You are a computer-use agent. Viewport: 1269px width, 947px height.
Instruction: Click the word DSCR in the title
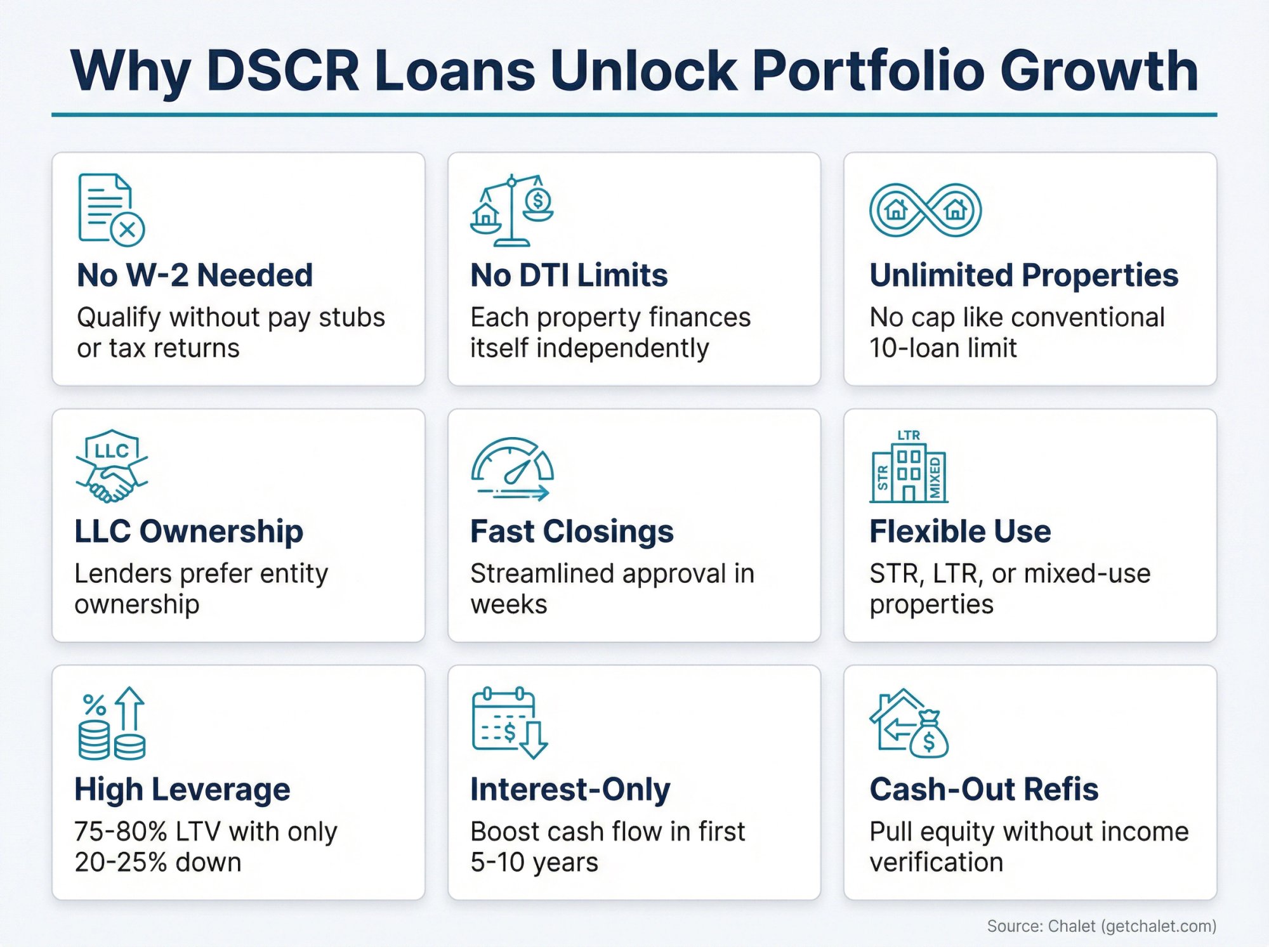click(x=283, y=70)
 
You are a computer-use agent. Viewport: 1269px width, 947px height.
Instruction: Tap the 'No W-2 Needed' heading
click(x=195, y=275)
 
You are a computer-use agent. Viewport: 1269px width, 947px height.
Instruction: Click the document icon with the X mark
click(x=111, y=209)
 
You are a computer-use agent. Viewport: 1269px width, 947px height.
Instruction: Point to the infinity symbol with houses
click(x=925, y=210)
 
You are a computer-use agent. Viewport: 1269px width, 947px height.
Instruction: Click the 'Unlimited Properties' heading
click(x=1023, y=275)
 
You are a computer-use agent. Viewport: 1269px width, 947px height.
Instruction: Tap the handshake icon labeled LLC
click(x=112, y=467)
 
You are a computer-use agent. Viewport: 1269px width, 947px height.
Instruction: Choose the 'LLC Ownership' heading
click(x=188, y=532)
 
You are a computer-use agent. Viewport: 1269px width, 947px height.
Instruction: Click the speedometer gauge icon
click(x=512, y=469)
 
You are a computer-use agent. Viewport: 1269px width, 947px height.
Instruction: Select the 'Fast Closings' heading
click(x=572, y=532)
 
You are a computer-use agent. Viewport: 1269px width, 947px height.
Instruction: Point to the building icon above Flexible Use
click(x=909, y=467)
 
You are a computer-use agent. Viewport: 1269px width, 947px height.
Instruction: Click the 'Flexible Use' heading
click(x=959, y=532)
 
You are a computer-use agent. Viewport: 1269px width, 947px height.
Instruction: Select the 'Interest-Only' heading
click(x=570, y=790)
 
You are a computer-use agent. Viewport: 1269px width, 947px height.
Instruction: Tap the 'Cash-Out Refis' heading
click(x=983, y=790)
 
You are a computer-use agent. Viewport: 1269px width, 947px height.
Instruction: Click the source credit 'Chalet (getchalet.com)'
click(x=1132, y=926)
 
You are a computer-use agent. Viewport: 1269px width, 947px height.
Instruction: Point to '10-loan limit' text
click(x=943, y=348)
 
